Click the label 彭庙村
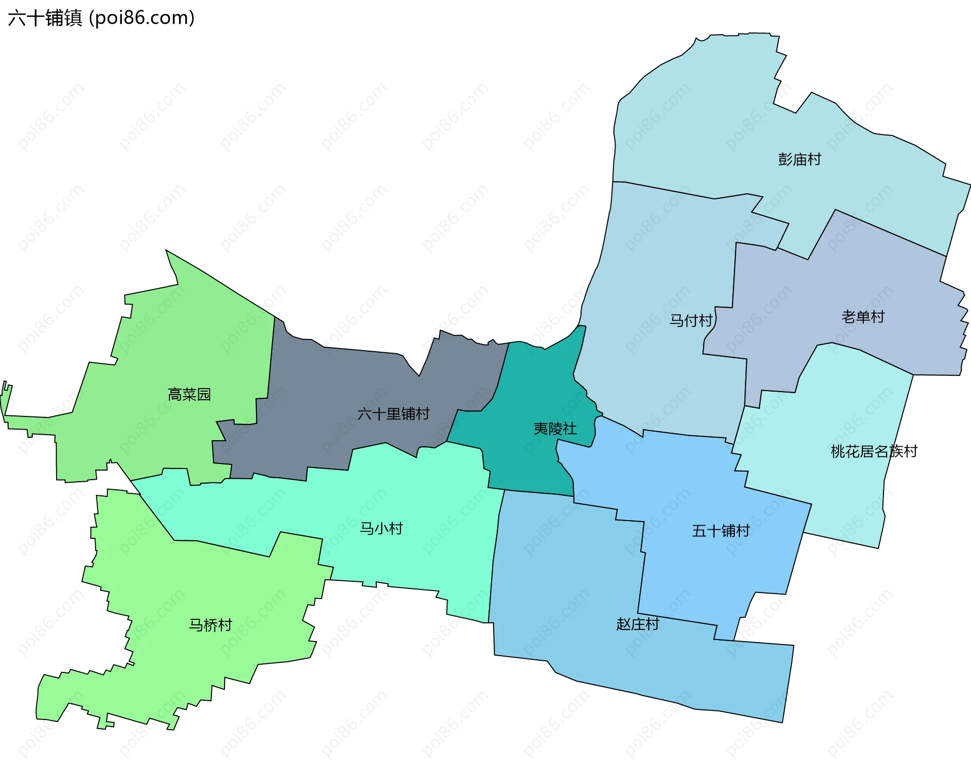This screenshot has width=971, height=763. [x=799, y=160]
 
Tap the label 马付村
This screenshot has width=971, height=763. [x=690, y=321]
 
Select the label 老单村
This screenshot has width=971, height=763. [x=863, y=317]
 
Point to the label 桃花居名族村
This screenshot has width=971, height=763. [x=874, y=451]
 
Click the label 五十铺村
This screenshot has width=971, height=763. [x=721, y=531]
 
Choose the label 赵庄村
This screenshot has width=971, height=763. [x=637, y=624]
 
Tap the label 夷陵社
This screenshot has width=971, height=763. [x=555, y=429]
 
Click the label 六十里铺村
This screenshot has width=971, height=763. [x=393, y=414]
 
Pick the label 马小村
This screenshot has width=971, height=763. [x=381, y=529]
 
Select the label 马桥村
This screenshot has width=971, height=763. [x=210, y=625]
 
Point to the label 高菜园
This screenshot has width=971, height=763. [x=189, y=395]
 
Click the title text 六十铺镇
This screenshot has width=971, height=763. [x=45, y=18]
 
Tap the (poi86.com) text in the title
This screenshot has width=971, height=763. [x=142, y=18]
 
